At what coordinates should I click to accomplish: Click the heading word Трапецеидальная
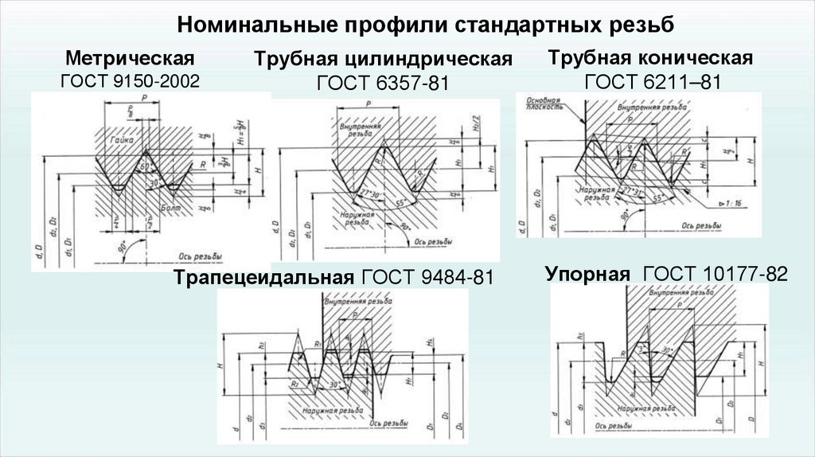(x=263, y=278)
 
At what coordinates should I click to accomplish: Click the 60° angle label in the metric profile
(x=145, y=167)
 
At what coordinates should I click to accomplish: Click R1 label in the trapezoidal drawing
(x=318, y=345)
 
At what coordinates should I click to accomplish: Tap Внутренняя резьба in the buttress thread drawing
(x=675, y=293)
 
